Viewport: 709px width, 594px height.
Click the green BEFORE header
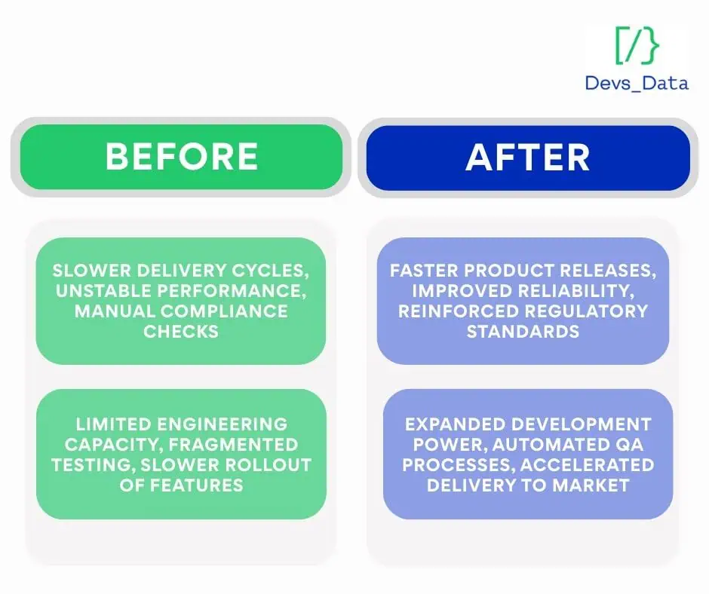tap(181, 156)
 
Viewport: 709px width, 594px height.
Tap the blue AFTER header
tap(528, 158)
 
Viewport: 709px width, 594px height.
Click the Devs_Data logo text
tap(637, 83)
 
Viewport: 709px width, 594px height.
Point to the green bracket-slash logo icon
tap(637, 45)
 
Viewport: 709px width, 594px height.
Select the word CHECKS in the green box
tap(181, 332)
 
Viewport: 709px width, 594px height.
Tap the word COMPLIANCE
tap(224, 311)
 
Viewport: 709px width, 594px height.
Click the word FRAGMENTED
tap(233, 445)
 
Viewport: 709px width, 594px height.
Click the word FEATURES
tap(196, 485)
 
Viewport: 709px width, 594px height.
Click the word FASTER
tap(424, 271)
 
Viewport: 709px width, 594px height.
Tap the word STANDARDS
tap(523, 332)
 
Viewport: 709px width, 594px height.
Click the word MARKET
tap(591, 485)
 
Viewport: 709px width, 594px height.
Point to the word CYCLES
tap(270, 271)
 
